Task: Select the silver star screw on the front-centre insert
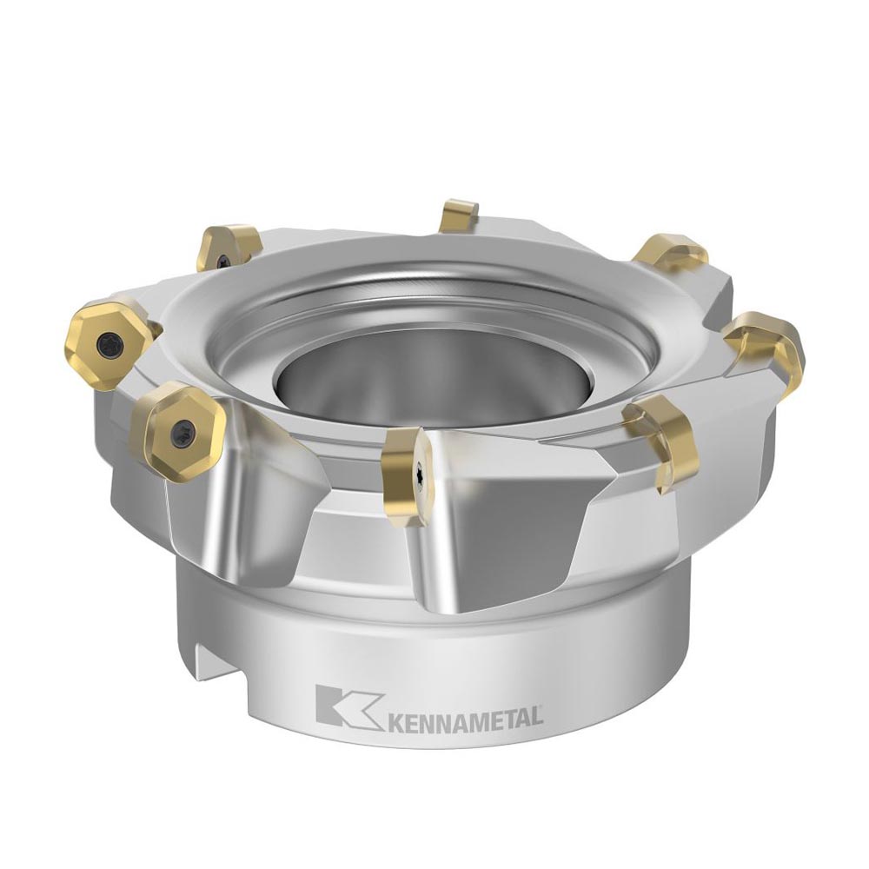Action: coord(420,470)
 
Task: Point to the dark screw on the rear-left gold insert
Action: coord(224,259)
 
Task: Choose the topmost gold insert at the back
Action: coord(458,216)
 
